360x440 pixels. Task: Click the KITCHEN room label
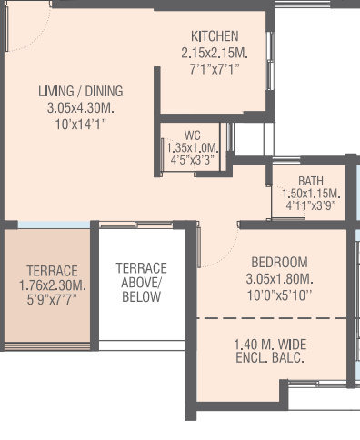tap(215, 35)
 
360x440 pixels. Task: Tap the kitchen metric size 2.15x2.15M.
tap(215, 53)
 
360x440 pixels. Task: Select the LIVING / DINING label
tap(80, 92)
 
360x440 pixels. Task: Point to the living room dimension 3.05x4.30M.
tap(80, 107)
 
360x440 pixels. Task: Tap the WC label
tap(191, 135)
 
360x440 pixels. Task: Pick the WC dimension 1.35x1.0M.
tap(192, 147)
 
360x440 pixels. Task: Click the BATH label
tap(310, 181)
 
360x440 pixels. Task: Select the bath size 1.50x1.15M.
tap(310, 194)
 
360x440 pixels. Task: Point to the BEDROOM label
tap(279, 262)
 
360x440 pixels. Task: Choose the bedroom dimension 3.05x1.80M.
tap(279, 278)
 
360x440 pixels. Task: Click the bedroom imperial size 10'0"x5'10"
tap(279, 295)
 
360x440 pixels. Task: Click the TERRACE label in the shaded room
tap(52, 271)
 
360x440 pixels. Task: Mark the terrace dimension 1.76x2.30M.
tap(52, 285)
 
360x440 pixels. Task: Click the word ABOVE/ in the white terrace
tap(141, 283)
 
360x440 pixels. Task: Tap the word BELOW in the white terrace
tap(141, 297)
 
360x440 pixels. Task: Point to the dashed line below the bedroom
tap(273, 319)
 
